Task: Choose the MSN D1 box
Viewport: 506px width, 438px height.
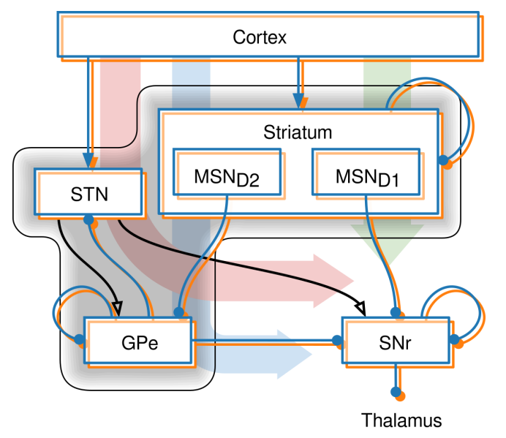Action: coord(366,173)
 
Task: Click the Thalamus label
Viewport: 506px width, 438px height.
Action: coord(401,420)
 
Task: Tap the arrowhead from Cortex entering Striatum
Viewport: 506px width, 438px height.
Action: coord(298,100)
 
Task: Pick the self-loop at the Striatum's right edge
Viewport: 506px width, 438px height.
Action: coord(457,128)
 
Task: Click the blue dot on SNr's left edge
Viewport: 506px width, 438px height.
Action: coord(336,340)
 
